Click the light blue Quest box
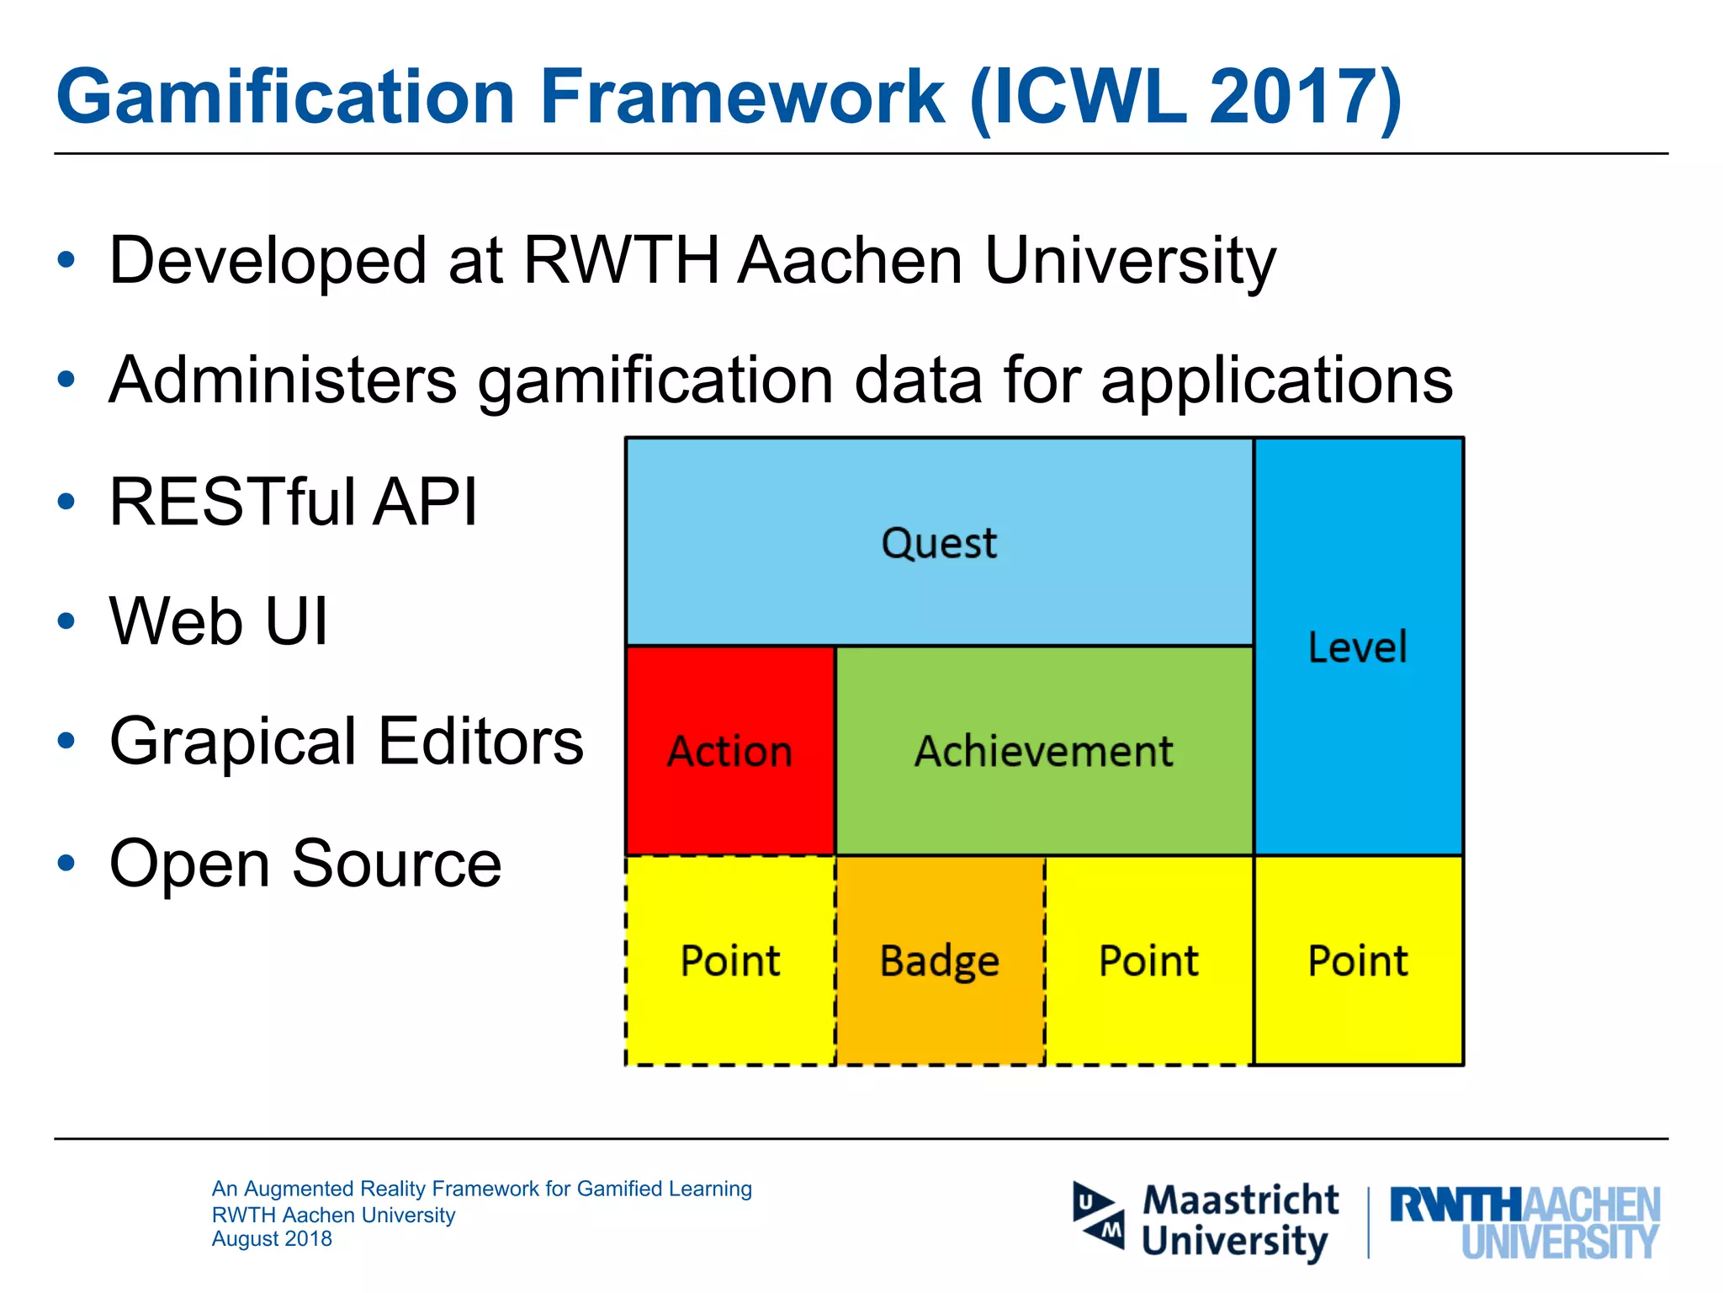pos(939,542)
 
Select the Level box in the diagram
pos(1358,646)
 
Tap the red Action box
pos(730,751)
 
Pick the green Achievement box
pos(1044,751)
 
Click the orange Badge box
pos(940,960)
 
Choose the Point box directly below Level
pos(1358,960)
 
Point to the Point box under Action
pos(730,960)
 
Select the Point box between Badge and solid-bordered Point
pos(1148,960)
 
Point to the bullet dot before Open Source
pos(66,863)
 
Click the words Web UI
pos(219,621)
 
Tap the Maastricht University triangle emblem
pos(1099,1216)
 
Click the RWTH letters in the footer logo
pos(1455,1205)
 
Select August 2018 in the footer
pos(272,1239)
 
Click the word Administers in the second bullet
pos(283,380)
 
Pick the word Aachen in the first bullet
pos(850,260)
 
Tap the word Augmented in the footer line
pos(298,1189)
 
